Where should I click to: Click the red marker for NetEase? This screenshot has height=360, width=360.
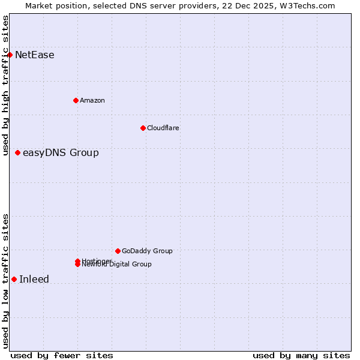point(10,55)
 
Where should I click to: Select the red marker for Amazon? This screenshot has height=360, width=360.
point(76,100)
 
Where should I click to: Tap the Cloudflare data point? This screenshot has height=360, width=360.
point(143,128)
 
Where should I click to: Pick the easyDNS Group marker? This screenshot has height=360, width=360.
point(17,152)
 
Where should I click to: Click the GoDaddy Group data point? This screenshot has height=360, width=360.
point(118,251)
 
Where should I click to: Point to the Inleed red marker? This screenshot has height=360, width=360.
point(14,279)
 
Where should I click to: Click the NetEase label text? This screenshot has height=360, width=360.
point(35,55)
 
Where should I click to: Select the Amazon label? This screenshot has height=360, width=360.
point(92,100)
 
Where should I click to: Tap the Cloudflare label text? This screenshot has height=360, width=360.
point(163,128)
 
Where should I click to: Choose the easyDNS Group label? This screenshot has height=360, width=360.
point(61,153)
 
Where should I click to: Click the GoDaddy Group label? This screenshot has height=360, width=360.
point(147,251)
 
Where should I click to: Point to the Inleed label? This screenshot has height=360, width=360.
point(34,280)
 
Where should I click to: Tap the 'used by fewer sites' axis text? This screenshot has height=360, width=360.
point(62,356)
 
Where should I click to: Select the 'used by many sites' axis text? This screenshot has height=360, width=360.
point(301,356)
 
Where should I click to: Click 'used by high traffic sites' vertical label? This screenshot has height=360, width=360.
point(6,85)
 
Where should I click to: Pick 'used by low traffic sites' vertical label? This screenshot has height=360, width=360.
point(6,281)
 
